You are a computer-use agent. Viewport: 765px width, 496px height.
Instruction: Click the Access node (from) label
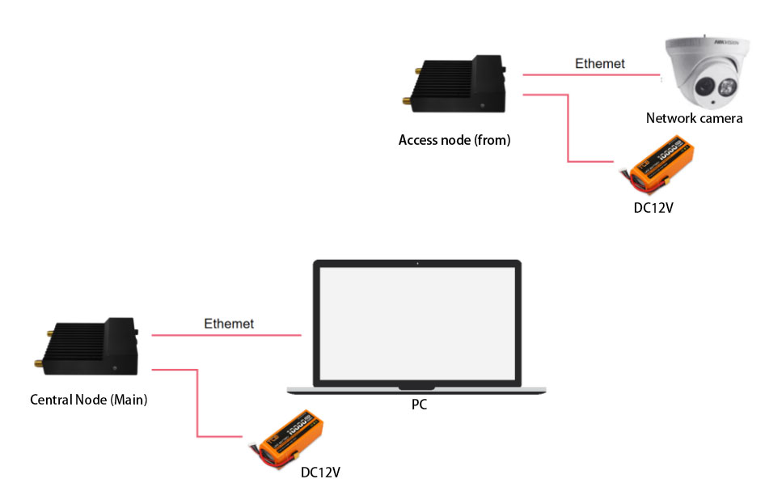454,140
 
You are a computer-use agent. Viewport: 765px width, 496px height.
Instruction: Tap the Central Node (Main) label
88,400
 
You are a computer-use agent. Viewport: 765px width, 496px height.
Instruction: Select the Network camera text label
694,118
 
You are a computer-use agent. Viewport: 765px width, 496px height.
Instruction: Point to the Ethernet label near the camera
599,63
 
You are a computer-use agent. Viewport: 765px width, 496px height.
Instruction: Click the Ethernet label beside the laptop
229,324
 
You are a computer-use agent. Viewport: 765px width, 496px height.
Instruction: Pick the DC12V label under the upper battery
653,207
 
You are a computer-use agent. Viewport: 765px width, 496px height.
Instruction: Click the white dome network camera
703,73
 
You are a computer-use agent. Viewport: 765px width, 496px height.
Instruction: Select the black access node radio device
457,84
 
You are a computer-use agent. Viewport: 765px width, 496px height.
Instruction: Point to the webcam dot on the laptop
417,263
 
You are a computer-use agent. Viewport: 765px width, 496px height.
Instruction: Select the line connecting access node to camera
590,75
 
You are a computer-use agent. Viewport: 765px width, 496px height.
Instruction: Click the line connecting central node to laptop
226,334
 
